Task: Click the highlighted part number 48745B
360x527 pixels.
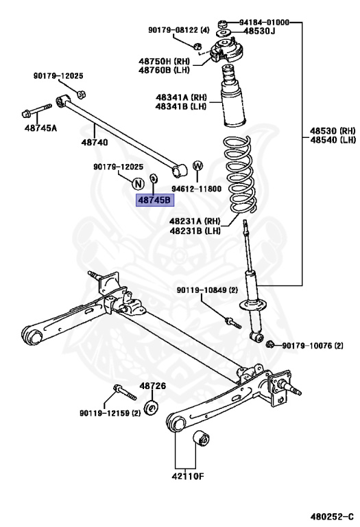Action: [156, 200]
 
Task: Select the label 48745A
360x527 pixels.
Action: [41, 127]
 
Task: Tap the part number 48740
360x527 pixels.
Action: [94, 143]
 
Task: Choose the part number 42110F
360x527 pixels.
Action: [187, 473]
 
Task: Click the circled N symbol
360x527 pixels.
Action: [137, 183]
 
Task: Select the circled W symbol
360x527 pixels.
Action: [197, 166]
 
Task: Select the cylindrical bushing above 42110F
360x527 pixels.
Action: [202, 437]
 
